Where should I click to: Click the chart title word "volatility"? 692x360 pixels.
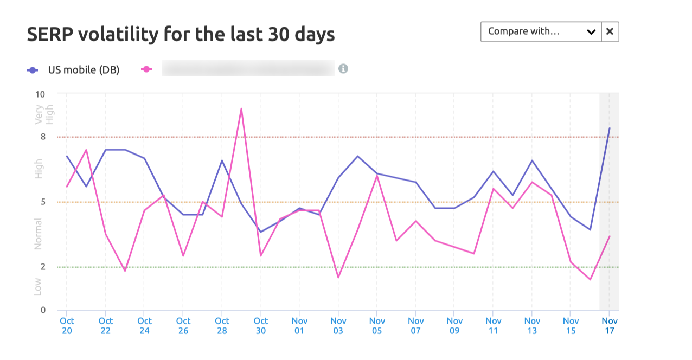pyautogui.click(x=118, y=35)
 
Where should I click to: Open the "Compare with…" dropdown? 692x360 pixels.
pyautogui.click(x=541, y=31)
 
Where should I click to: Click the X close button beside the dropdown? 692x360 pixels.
pyautogui.click(x=610, y=31)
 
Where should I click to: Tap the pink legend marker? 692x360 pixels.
pyautogui.click(x=146, y=69)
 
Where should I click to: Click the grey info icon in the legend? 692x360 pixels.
pyautogui.click(x=343, y=69)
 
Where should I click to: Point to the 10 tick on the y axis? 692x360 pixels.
pyautogui.click(x=40, y=94)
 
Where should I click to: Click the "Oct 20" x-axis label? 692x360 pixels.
pyautogui.click(x=67, y=326)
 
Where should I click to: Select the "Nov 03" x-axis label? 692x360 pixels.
pyautogui.click(x=338, y=326)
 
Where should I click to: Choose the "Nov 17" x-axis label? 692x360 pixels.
pyautogui.click(x=610, y=326)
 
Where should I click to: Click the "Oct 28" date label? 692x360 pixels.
pyautogui.click(x=222, y=326)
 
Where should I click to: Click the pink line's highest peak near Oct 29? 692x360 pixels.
pyautogui.click(x=241, y=108)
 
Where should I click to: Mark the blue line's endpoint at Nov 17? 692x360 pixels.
pyautogui.click(x=610, y=128)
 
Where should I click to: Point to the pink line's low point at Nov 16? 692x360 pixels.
pyautogui.click(x=590, y=280)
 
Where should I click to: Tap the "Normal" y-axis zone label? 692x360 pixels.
pyautogui.click(x=38, y=234)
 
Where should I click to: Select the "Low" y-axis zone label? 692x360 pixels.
pyautogui.click(x=38, y=286)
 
